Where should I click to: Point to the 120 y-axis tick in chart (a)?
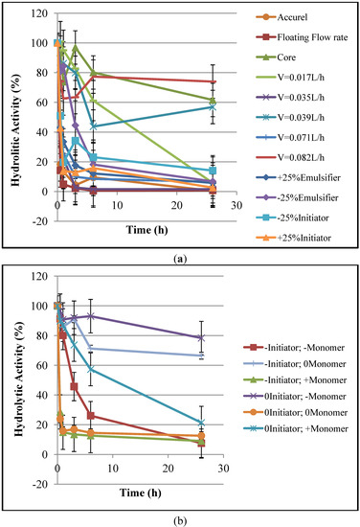(x=41, y=13)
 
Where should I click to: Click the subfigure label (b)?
(x=179, y=518)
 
